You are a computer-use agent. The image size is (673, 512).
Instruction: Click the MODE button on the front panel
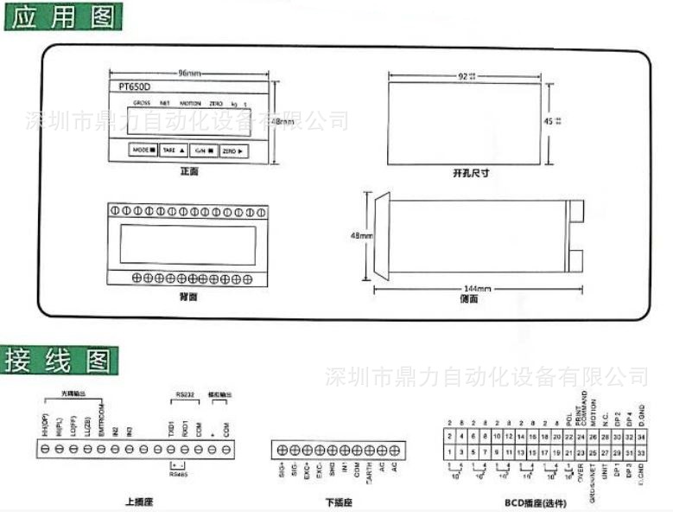(x=143, y=150)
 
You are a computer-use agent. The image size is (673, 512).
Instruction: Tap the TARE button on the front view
(x=174, y=150)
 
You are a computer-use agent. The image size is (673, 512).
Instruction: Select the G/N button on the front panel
(x=203, y=150)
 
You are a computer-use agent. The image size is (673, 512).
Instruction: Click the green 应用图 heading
(x=63, y=16)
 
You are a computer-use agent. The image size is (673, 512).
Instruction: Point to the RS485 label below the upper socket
(x=178, y=473)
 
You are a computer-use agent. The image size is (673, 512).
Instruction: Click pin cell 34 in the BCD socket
(x=640, y=437)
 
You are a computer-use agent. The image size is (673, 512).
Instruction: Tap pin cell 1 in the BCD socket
(x=451, y=451)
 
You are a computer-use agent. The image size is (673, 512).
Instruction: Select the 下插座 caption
(x=339, y=501)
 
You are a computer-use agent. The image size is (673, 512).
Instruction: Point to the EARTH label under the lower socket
(x=369, y=476)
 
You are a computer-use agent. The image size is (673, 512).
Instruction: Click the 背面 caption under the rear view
(x=188, y=297)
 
